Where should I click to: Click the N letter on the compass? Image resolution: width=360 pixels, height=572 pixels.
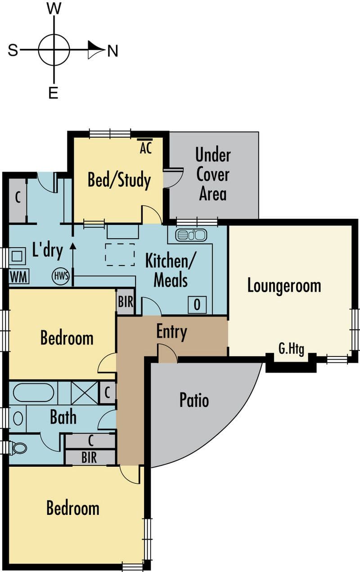(x=112, y=50)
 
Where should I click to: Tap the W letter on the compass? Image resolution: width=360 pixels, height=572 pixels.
(x=54, y=9)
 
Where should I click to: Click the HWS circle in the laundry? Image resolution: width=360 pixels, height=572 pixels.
(x=61, y=276)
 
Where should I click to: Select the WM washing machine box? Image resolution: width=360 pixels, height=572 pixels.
(x=19, y=276)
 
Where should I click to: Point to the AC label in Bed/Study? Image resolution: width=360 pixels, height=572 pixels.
(x=146, y=148)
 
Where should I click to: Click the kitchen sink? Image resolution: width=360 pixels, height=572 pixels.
(x=191, y=234)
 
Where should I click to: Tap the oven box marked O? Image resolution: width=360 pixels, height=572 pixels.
(x=197, y=304)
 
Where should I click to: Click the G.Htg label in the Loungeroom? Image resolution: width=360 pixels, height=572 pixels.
(x=291, y=349)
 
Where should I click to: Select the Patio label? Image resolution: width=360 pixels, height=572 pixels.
(x=194, y=400)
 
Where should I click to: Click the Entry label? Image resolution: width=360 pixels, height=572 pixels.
(x=171, y=332)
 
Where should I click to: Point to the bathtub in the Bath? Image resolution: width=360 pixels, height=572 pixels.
(x=33, y=393)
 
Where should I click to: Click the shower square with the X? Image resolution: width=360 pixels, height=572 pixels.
(x=85, y=393)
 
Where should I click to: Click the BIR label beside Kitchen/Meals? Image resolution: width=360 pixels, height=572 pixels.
(x=126, y=302)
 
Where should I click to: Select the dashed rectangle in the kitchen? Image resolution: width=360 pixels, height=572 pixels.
(x=120, y=255)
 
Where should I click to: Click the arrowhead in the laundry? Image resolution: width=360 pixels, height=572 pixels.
(x=73, y=246)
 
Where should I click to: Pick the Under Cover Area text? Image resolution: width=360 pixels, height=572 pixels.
(x=213, y=175)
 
